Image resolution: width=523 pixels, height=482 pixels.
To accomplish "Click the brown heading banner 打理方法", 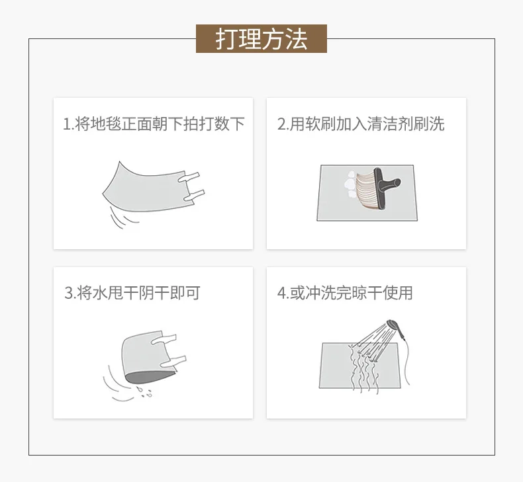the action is tap(261, 38).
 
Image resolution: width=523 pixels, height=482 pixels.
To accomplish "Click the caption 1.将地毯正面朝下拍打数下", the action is tap(154, 124).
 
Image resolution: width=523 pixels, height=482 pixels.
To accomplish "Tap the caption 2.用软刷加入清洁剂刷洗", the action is tap(361, 124).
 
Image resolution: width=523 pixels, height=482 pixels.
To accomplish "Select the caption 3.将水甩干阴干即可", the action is tap(132, 293).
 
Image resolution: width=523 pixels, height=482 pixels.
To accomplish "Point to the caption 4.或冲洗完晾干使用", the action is tap(345, 293).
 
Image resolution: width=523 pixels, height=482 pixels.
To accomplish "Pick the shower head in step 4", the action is tap(396, 328).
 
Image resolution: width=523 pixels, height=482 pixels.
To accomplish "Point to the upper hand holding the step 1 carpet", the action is tap(189, 177).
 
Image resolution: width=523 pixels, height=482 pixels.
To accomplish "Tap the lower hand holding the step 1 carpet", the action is tap(194, 195).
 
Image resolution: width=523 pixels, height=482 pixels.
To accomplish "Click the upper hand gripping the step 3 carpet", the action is tap(164, 339).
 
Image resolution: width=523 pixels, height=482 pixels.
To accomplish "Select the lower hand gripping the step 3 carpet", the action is tap(173, 362).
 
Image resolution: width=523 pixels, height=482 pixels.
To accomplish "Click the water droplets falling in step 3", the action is tap(144, 392).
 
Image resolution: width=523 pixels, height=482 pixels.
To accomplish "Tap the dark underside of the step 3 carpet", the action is tap(149, 377).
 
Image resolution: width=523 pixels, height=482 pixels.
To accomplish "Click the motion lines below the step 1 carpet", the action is tap(122, 216).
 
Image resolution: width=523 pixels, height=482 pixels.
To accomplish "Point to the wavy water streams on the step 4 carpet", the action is tap(363, 369).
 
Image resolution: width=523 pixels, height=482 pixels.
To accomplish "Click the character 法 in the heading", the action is tap(297, 39).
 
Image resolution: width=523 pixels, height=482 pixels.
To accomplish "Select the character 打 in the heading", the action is tap(226, 39).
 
